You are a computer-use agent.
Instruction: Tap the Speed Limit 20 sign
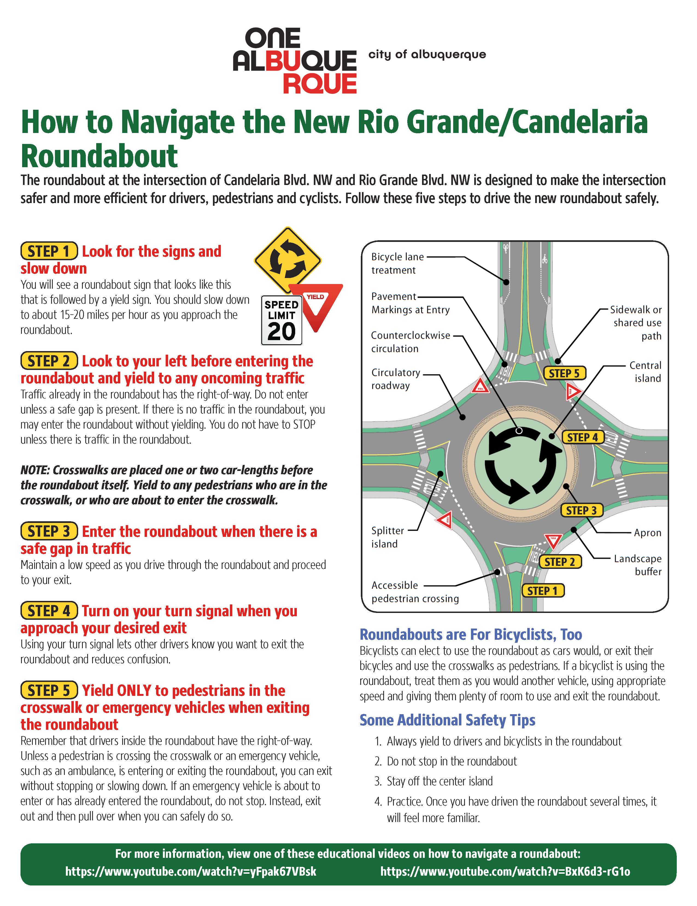(x=281, y=320)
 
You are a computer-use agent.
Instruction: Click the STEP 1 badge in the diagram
(x=543, y=590)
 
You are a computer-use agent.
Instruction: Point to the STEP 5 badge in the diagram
(x=564, y=373)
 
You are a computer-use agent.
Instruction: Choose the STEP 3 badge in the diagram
(x=581, y=510)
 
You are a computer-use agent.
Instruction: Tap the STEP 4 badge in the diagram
(x=583, y=437)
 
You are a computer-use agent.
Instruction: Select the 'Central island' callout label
(x=645, y=372)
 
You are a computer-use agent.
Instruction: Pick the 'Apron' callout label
(x=647, y=533)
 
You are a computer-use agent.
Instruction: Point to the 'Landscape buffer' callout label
(x=637, y=565)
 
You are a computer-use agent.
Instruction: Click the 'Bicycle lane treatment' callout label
(x=397, y=264)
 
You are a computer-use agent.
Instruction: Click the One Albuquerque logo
(x=295, y=60)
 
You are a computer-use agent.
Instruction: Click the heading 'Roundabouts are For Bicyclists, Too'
(x=471, y=634)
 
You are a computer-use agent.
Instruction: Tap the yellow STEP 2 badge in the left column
(x=49, y=361)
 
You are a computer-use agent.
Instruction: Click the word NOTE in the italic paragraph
(x=34, y=470)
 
